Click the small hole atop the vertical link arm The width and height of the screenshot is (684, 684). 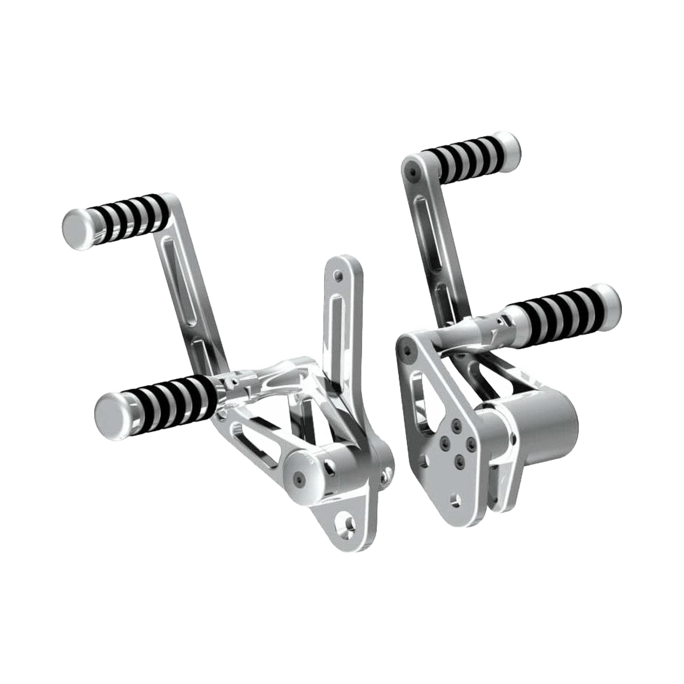[339, 276]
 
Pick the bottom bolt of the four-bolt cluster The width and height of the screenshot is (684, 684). [460, 460]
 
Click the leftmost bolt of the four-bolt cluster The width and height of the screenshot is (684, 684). [444, 444]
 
